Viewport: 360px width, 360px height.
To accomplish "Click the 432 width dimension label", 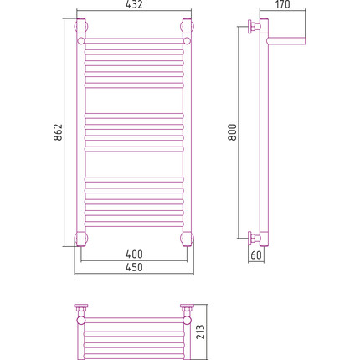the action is [134, 4].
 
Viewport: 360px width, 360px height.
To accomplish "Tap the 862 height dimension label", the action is [59, 132].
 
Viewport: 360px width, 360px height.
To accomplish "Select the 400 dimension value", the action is [134, 254].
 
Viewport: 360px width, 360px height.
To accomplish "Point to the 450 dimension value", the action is [134, 267].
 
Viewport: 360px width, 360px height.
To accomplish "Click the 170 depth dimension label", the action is [282, 4].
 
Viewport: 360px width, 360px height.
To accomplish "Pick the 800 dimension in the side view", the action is [233, 132].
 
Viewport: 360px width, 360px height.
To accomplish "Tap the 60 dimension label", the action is [256, 255].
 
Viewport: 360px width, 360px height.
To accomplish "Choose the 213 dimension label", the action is [200, 332].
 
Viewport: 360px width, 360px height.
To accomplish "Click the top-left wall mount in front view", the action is [81, 27].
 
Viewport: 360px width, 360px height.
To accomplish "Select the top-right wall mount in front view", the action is [187, 27].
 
